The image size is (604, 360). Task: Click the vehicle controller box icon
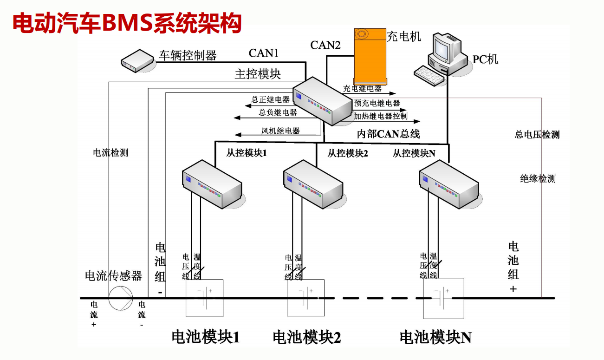(x=137, y=60)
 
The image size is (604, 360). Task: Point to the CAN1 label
(x=263, y=53)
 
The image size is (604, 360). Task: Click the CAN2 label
(x=325, y=45)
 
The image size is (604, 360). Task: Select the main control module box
(x=322, y=101)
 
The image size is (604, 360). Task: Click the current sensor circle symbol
(x=121, y=298)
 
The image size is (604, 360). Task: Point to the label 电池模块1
(x=206, y=337)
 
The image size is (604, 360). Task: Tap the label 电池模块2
(x=307, y=337)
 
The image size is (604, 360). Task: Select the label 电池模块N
(x=435, y=337)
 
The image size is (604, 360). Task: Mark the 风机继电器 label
(x=280, y=131)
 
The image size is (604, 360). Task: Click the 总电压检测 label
(x=537, y=135)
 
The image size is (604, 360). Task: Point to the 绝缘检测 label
(x=538, y=179)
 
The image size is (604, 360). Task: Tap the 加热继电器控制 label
(x=381, y=116)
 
